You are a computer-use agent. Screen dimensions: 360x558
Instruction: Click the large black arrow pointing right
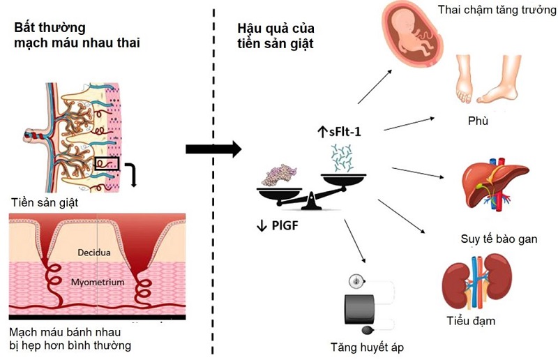tap(213, 149)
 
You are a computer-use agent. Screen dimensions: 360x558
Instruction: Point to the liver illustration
tap(483, 185)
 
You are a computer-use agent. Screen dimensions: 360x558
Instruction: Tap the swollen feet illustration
tap(485, 83)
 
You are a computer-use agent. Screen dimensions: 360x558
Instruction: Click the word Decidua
tap(93, 252)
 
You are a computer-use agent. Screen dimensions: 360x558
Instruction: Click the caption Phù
tap(478, 121)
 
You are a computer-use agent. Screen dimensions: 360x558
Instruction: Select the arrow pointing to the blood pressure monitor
tap(355, 241)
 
